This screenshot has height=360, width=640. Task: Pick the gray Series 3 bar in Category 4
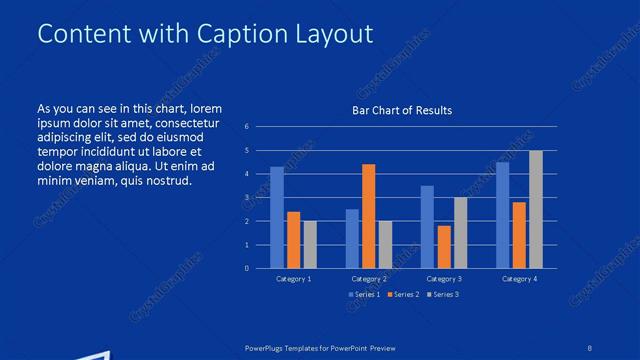pos(536,209)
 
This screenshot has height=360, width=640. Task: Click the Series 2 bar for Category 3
pos(444,247)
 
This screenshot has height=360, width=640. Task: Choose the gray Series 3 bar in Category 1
pos(310,244)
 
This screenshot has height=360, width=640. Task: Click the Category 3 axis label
pos(444,279)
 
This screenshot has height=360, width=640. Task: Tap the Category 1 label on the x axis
pos(293,279)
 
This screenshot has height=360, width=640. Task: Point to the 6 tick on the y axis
pos(246,127)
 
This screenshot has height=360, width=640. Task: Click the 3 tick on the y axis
pos(246,198)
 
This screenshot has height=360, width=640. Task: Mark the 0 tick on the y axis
pos(246,268)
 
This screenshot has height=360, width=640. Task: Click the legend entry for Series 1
pos(365,294)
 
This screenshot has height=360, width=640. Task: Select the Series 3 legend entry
pos(444,294)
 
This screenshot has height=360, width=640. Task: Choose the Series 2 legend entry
pos(405,294)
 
